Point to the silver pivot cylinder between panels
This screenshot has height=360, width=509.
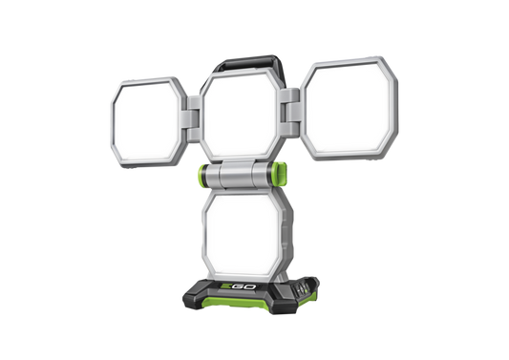pyautogui.click(x=244, y=176)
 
